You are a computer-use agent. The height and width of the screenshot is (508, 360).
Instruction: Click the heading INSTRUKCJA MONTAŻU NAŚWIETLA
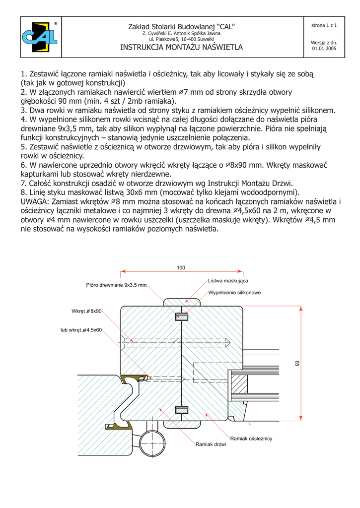(x=181, y=48)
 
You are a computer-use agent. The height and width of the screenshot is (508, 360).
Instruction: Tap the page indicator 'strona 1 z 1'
(x=324, y=25)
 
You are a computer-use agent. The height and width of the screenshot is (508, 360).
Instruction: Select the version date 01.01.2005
(x=324, y=49)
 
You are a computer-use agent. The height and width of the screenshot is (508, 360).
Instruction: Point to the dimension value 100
(x=181, y=268)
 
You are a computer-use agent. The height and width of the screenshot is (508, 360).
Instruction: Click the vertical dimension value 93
(x=298, y=363)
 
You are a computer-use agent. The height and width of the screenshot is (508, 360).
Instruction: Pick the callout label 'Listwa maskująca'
(x=228, y=281)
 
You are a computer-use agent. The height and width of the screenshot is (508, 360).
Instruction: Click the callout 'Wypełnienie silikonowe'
(x=234, y=293)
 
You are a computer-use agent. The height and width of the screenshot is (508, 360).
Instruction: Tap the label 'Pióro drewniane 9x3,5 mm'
(x=117, y=285)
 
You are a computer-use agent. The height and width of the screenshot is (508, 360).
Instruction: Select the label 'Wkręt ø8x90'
(x=86, y=311)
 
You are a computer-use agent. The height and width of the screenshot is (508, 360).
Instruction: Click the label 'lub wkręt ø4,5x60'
(x=81, y=329)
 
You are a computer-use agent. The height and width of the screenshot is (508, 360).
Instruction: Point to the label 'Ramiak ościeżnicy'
(x=251, y=439)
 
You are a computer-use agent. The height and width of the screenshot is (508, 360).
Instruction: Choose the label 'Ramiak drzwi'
(x=211, y=444)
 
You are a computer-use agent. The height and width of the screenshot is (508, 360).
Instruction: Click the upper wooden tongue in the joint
(x=182, y=316)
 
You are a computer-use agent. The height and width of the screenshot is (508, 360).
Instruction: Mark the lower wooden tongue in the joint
(x=182, y=410)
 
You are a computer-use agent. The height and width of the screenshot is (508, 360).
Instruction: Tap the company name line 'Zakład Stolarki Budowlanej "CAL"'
(x=181, y=26)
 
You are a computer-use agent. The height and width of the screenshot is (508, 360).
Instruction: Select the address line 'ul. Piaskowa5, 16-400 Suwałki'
(x=181, y=39)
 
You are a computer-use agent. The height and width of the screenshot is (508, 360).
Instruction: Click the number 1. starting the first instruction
(x=24, y=74)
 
